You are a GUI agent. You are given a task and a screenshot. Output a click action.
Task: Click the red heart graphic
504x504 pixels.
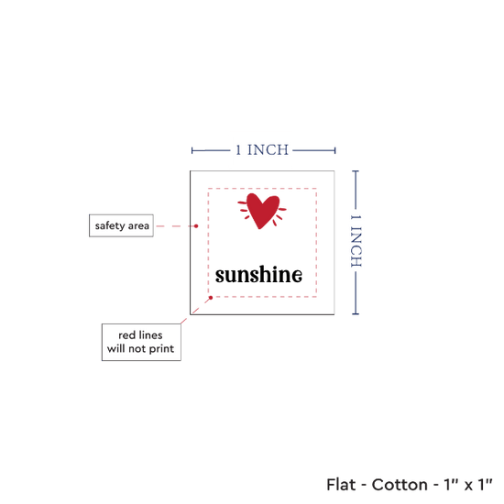point(262,211)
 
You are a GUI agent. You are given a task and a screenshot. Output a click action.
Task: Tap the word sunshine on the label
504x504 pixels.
point(258,275)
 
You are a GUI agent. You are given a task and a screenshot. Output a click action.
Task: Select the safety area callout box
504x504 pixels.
point(121,225)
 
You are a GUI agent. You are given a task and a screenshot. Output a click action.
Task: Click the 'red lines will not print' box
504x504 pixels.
point(141,342)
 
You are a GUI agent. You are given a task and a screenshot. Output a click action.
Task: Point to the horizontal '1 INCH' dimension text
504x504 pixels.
point(262,150)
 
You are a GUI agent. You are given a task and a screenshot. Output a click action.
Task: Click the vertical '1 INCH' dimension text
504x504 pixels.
point(356,241)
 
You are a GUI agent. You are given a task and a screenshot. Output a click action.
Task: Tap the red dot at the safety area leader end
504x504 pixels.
point(196,226)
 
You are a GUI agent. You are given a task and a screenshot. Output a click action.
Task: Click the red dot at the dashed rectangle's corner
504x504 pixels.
point(211,298)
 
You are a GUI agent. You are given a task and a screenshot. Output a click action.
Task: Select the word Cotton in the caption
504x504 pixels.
point(400,485)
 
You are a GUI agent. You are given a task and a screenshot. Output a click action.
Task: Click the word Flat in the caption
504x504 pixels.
point(341,485)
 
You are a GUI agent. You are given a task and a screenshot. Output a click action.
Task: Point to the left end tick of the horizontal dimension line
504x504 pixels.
point(192,150)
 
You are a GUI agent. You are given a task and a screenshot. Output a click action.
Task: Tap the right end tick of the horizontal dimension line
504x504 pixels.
point(335,150)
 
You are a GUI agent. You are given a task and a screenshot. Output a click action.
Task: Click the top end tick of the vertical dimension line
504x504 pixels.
point(356,171)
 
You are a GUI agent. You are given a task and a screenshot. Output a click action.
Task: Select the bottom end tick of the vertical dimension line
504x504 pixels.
point(356,313)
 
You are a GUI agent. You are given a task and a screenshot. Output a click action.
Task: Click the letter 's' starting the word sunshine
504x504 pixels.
point(221,277)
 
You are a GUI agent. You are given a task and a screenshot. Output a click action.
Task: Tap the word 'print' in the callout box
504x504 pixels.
point(161,349)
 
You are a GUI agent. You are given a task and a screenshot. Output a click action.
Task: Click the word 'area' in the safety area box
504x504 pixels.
point(138,226)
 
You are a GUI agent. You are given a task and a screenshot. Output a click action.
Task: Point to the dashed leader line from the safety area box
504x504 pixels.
point(176,226)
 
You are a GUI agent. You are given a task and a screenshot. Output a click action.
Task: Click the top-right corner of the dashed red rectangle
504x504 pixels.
point(316,189)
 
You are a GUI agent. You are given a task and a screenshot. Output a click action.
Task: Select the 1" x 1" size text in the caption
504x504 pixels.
point(468,485)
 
